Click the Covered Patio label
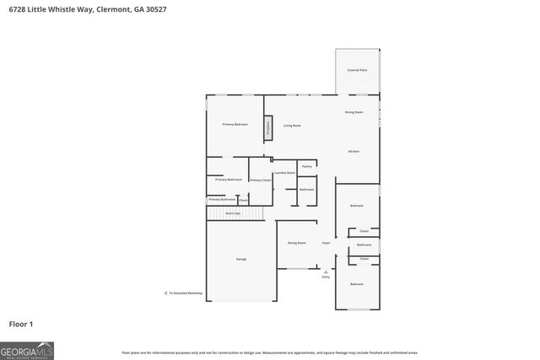coord(358,70)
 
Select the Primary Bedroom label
coord(235,125)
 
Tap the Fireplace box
coord(268,128)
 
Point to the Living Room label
coord(292,126)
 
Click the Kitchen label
coord(354,151)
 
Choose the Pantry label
coord(307,167)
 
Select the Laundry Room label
coord(284,173)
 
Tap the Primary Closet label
coord(260,180)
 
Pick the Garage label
coord(240,259)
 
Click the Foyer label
coord(326,243)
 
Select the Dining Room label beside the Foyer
coord(296,243)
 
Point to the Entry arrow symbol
coord(326,271)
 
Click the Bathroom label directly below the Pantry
coord(307,190)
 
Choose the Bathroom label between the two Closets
coord(364,244)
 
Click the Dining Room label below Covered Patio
coord(354,112)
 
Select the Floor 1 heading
coord(21,324)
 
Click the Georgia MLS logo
coord(27,350)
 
